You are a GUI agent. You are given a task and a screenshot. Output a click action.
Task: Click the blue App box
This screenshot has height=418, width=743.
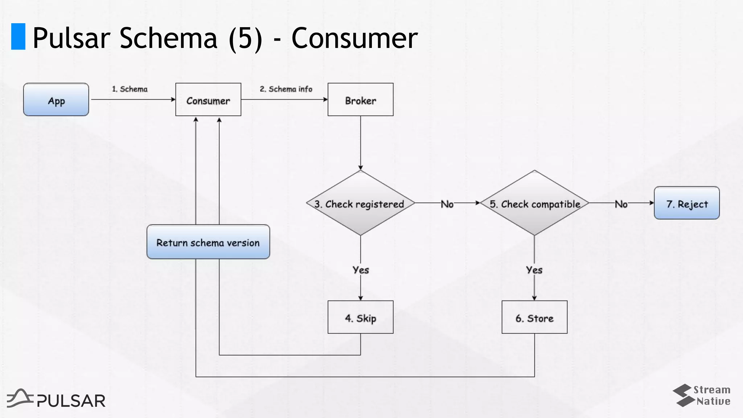56,100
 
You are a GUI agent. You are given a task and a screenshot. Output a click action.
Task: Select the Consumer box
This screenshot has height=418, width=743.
208,100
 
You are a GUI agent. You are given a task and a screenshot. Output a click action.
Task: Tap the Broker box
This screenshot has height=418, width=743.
360,100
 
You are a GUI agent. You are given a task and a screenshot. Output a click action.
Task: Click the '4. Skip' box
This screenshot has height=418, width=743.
360,317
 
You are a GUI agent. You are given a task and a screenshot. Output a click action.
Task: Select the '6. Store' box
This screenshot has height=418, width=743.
534,317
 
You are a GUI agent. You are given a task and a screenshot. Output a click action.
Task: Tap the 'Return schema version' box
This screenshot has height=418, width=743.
208,242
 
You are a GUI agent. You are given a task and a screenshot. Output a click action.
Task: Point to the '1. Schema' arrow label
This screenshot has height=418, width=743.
130,89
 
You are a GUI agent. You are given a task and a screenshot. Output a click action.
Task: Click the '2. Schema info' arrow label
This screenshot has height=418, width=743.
286,89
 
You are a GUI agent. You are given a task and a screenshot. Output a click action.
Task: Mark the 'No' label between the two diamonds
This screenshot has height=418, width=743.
447,204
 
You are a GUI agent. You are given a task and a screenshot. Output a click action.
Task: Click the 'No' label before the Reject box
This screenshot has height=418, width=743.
621,204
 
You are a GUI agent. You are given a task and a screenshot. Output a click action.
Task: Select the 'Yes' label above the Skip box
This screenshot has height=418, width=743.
361,270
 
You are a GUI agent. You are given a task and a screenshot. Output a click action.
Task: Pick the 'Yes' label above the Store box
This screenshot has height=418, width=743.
534,270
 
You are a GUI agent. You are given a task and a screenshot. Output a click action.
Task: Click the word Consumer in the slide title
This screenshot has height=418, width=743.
354,38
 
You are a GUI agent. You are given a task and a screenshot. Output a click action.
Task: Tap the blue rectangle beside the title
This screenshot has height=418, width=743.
18,36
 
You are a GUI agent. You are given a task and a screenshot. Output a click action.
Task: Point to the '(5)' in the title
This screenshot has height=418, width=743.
245,38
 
